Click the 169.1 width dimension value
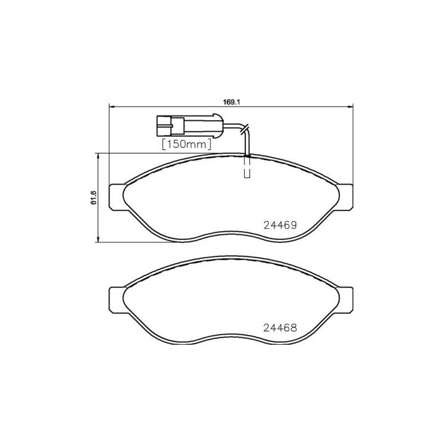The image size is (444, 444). pyautogui.click(x=231, y=103)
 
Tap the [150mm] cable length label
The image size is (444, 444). pyautogui.click(x=186, y=144)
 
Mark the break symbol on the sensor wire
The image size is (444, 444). pyautogui.click(x=245, y=129)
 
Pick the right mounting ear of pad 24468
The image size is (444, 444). pyautogui.click(x=346, y=300)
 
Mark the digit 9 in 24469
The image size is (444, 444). pyautogui.click(x=294, y=225)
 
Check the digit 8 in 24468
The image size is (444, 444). pyautogui.click(x=294, y=328)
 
